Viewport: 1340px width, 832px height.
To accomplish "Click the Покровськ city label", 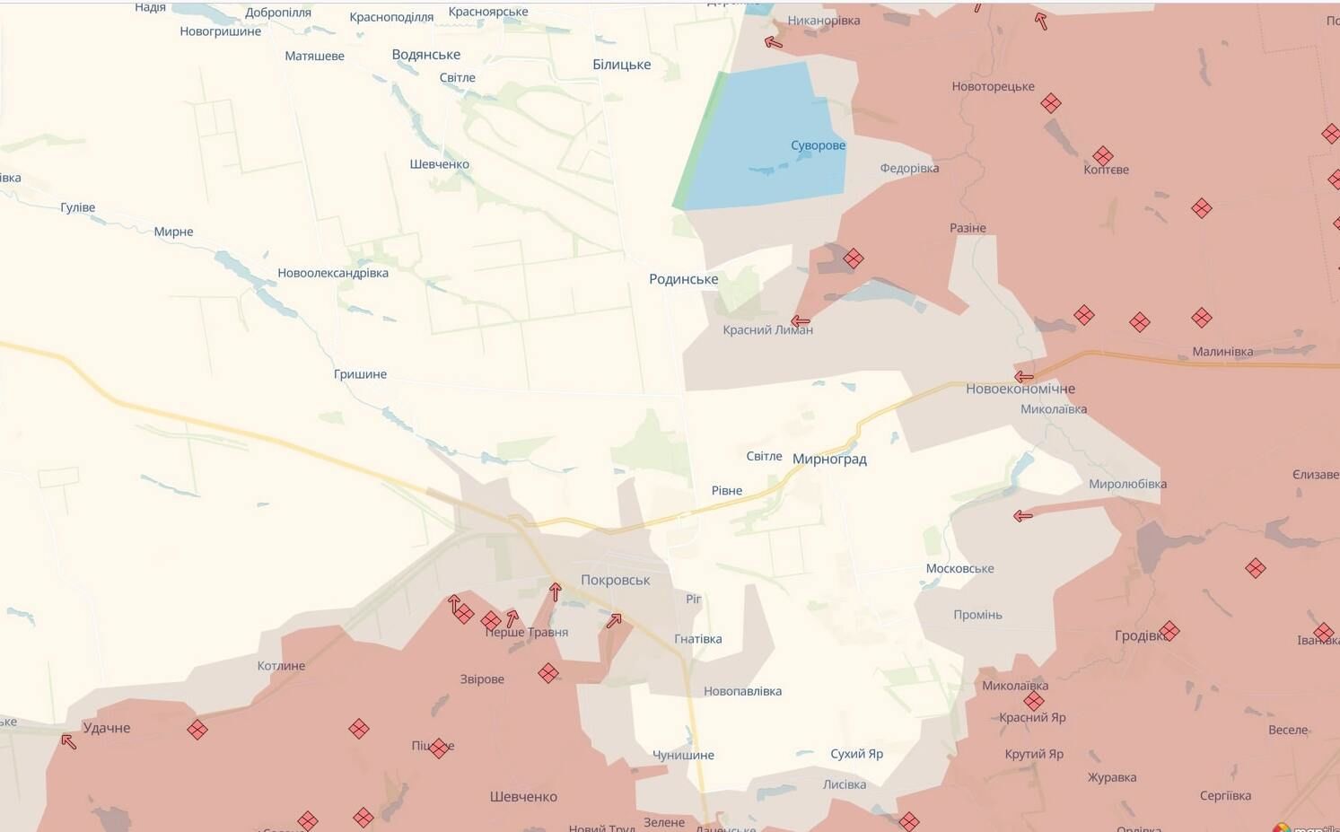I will point(615,580).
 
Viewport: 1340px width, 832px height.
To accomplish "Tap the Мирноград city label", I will point(829,459).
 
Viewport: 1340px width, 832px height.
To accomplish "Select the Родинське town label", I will point(683,279).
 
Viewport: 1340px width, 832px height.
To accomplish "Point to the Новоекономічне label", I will point(1020,389).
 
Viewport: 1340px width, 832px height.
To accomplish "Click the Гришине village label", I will point(360,374).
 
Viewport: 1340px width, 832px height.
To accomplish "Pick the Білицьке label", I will point(621,65).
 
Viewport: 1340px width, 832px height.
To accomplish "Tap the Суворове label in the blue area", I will point(818,145).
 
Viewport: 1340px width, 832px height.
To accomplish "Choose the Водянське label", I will point(425,55).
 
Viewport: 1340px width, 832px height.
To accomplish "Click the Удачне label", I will point(107,728).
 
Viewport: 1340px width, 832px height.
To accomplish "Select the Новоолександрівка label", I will point(333,273).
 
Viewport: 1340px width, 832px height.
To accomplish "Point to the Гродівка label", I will point(1140,635).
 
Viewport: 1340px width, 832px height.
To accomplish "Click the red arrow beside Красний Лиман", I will point(801,320).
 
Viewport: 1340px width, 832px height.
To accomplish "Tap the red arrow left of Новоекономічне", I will point(1023,377).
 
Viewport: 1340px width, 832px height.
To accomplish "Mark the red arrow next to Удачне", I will point(68,741).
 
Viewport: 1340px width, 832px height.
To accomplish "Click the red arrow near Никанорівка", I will point(773,41).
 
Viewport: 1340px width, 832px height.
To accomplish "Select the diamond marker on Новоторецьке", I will point(1051,103).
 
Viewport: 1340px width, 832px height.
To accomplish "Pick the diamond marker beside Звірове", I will point(548,673).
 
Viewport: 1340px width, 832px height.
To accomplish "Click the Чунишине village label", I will point(683,755).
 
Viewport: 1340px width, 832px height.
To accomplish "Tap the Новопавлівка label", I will point(742,691).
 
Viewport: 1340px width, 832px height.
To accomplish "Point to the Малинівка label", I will point(1222,352).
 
